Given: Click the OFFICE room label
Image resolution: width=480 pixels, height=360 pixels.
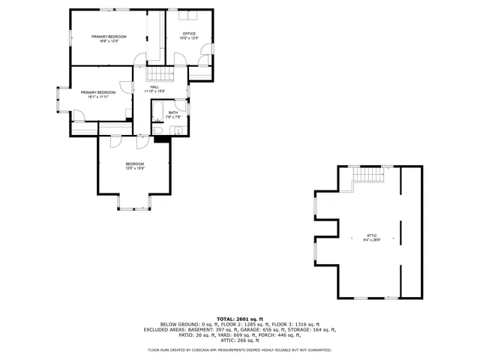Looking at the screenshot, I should click(x=189, y=34).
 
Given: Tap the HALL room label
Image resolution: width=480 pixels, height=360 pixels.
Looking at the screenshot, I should click(x=154, y=87).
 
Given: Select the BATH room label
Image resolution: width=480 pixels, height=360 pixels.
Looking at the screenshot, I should click(x=172, y=112).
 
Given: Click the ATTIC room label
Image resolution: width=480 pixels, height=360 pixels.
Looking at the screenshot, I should click(x=372, y=235).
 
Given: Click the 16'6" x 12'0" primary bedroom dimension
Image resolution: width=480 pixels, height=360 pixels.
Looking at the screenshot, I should click(x=109, y=41).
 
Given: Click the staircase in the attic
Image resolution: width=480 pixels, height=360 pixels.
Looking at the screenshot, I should click(x=368, y=175).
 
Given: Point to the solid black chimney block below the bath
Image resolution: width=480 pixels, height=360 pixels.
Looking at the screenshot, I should click(x=160, y=139).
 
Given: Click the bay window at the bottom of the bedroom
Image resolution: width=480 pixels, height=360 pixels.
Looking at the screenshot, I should click(x=135, y=202).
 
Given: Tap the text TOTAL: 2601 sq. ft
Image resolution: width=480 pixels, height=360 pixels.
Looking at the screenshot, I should click(x=240, y=319).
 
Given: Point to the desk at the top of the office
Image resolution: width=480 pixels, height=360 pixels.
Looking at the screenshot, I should click(x=191, y=14).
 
